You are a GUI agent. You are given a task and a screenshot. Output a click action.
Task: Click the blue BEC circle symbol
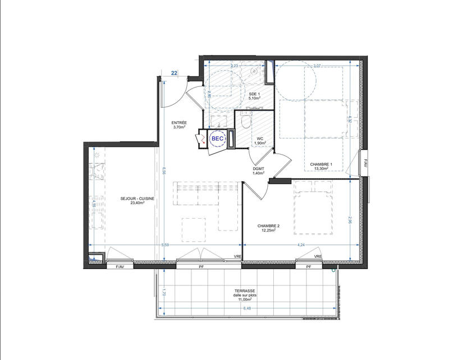217,138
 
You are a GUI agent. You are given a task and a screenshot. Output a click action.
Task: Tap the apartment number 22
175,73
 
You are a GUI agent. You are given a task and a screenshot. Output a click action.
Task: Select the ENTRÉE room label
180,123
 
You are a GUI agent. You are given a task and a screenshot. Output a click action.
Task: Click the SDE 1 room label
253,94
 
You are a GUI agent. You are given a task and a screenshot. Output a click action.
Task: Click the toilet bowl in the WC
245,119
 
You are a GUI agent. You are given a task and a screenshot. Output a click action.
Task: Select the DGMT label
258,169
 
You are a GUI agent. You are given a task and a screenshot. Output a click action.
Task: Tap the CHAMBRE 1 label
322,164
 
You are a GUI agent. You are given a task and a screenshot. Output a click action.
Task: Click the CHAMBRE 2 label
268,226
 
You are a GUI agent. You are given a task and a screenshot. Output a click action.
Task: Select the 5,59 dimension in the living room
165,244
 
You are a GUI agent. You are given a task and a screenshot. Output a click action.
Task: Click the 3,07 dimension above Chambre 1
317,66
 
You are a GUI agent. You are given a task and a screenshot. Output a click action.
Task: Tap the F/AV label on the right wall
365,164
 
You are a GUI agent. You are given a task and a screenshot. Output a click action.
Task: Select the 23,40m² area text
138,204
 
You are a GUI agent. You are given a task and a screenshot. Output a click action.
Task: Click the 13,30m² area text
322,169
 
